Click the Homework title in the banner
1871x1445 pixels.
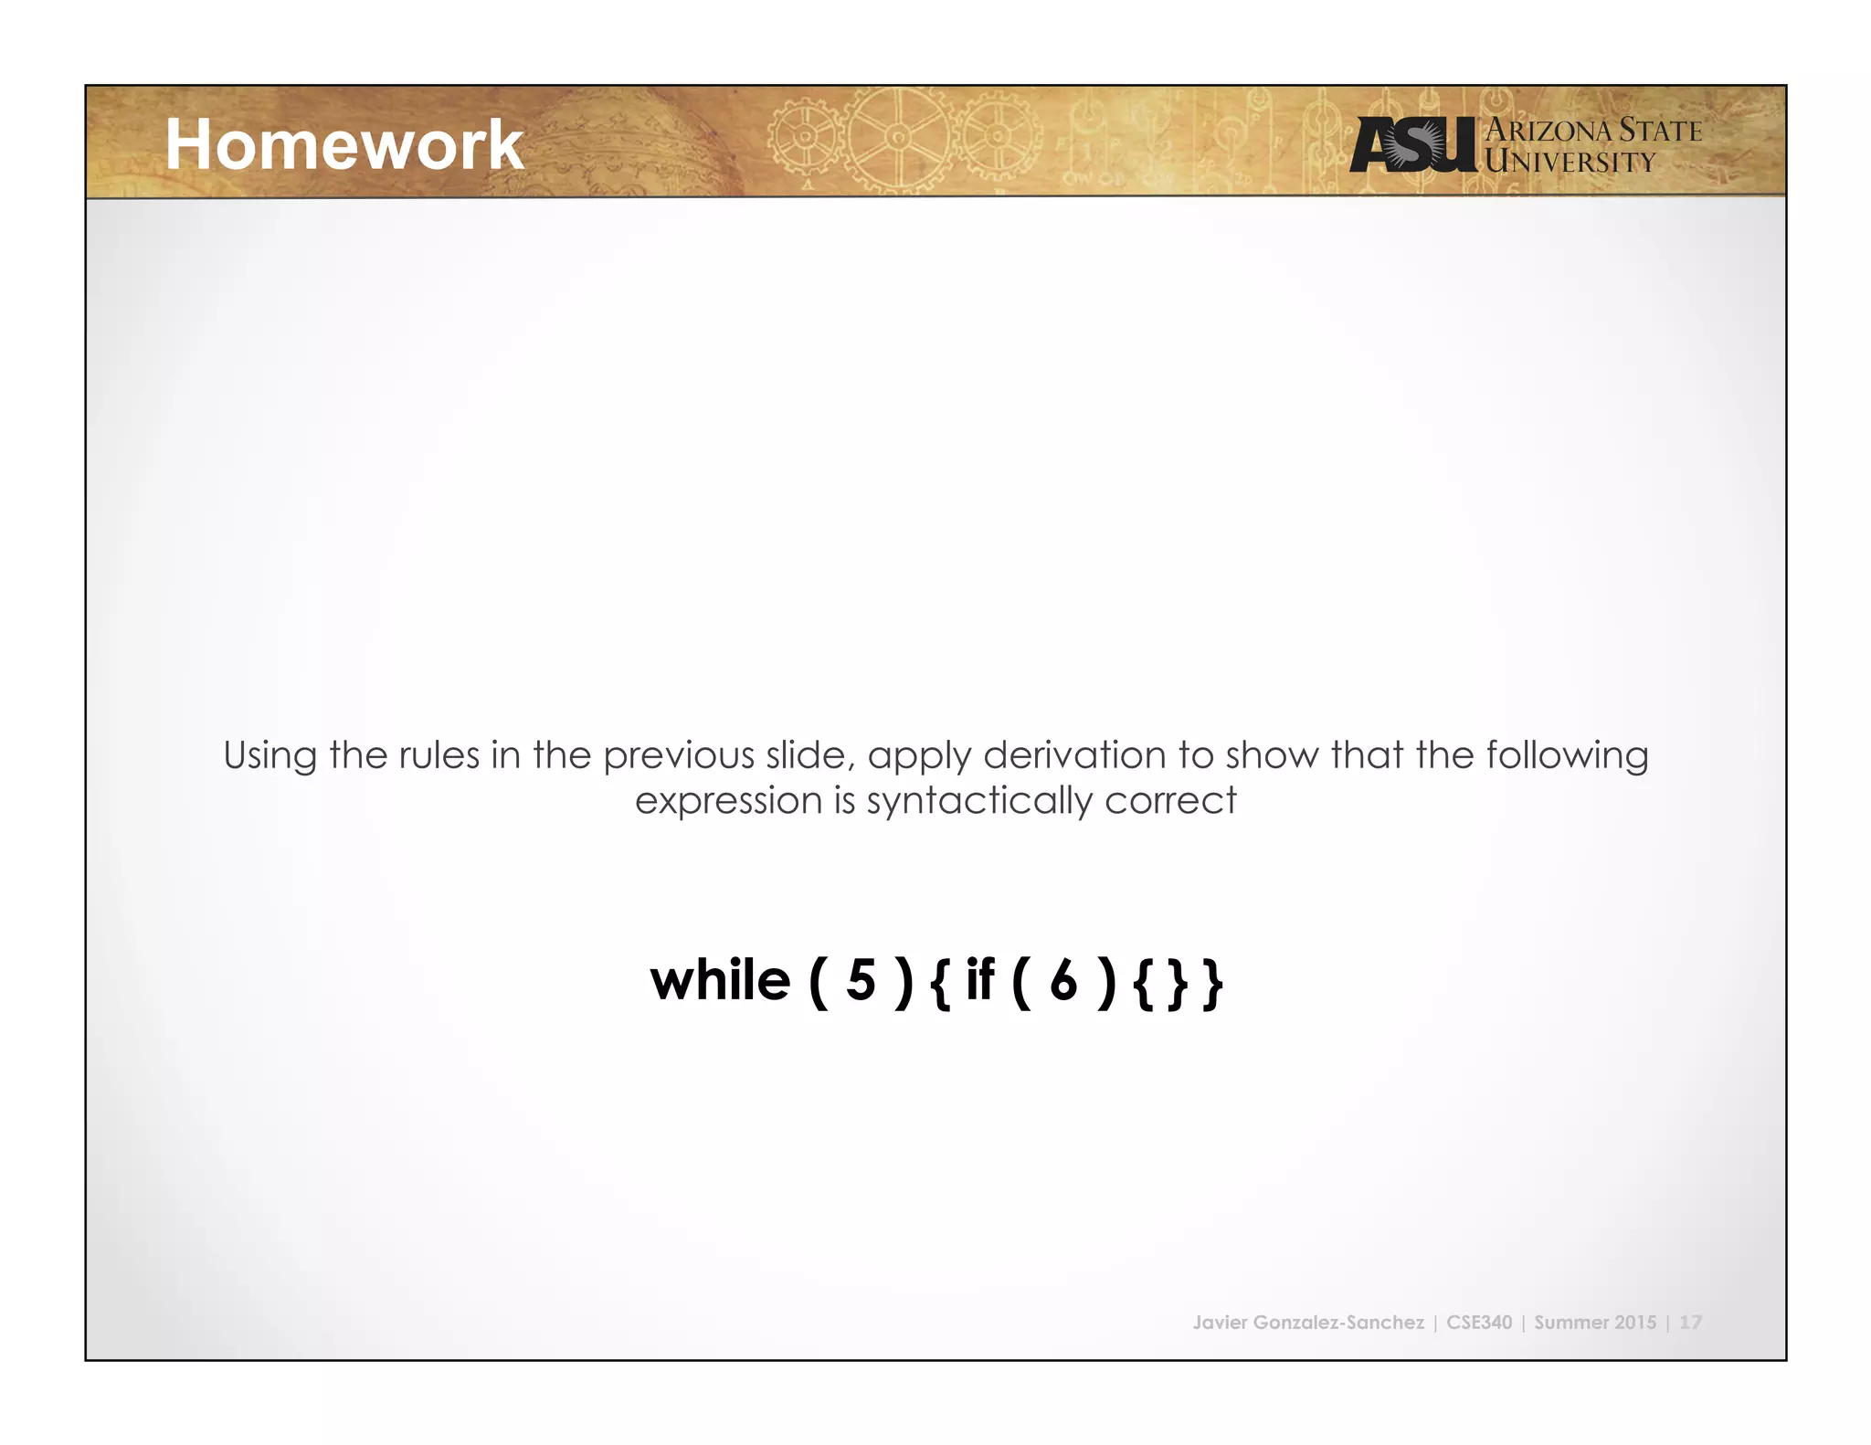pos(344,145)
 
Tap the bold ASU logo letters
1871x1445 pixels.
pos(1412,145)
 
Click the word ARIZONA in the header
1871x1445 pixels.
pos(1549,131)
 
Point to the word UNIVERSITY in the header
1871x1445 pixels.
pos(1570,163)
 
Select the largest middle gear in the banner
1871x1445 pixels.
pos(897,139)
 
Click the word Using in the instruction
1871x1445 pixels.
pos(270,756)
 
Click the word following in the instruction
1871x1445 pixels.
pos(1567,756)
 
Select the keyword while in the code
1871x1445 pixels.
pos(720,981)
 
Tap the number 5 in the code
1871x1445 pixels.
pos(861,981)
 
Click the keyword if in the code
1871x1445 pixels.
pos(979,981)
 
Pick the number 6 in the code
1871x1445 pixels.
pos(1063,981)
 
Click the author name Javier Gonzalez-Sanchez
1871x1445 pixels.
pos(1307,1323)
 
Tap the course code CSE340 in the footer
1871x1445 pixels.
pos(1479,1323)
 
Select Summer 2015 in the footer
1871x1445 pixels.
pos(1594,1323)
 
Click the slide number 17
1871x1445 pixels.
pos(1690,1323)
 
